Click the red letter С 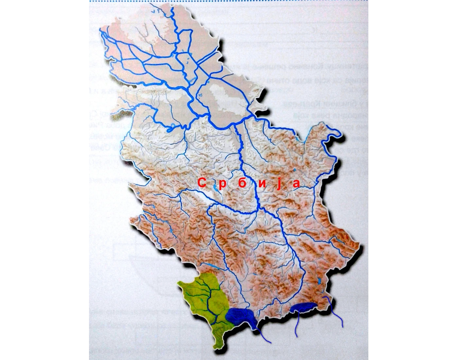click(202, 184)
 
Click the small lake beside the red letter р click(215, 187)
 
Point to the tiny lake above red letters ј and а click(294, 170)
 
